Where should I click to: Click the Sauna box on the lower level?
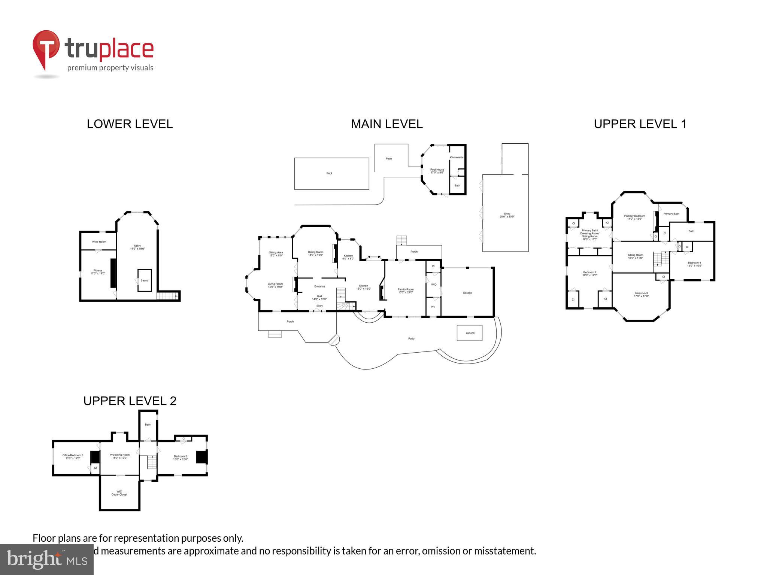(145, 280)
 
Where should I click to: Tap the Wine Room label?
(99, 242)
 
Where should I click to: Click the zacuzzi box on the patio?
(470, 333)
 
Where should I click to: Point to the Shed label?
(507, 215)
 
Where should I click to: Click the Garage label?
(467, 293)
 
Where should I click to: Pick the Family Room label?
(405, 290)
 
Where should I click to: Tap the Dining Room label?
(315, 253)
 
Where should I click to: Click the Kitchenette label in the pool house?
(457, 157)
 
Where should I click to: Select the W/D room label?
(434, 285)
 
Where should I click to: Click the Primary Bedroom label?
(634, 217)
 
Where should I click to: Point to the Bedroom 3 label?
(641, 294)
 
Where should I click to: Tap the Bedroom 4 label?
(694, 264)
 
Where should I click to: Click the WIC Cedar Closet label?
(119, 493)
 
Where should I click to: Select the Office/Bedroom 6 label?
(73, 457)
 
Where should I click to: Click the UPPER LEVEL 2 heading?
(130, 401)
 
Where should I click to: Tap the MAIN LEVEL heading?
(386, 124)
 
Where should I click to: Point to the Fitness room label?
(98, 272)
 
